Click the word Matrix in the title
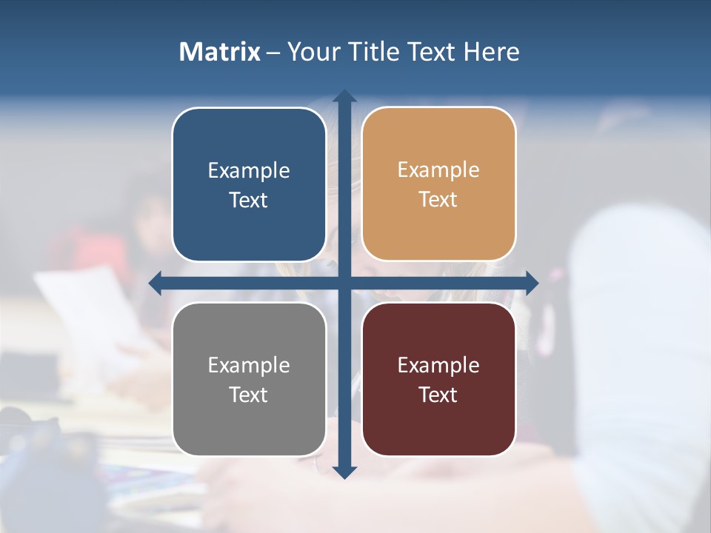pyautogui.click(x=220, y=52)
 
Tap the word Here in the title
pyautogui.click(x=491, y=52)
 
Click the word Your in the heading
pyautogui.click(x=315, y=52)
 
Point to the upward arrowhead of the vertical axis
pyautogui.click(x=344, y=96)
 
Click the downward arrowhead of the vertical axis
pyautogui.click(x=344, y=472)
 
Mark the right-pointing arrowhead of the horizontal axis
pyautogui.click(x=531, y=283)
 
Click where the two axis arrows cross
pyautogui.click(x=344, y=283)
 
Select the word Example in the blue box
pyautogui.click(x=249, y=171)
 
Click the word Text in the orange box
pyautogui.click(x=438, y=200)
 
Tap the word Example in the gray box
pyautogui.click(x=249, y=366)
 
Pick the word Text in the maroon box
pyautogui.click(x=438, y=395)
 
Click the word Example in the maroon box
pyautogui.click(x=438, y=366)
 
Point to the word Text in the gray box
pyautogui.click(x=249, y=395)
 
